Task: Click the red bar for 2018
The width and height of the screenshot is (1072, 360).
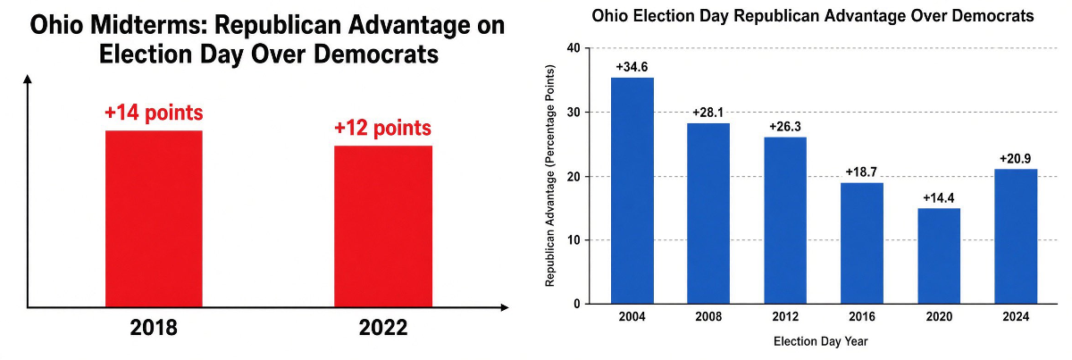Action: tap(154, 219)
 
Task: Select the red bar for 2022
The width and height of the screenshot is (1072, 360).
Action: tap(383, 226)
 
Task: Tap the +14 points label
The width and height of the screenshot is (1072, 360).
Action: tap(154, 113)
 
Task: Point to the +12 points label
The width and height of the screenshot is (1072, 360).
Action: tap(382, 128)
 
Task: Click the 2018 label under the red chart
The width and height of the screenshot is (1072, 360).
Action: tap(154, 328)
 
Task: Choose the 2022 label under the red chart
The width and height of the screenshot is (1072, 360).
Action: tap(383, 328)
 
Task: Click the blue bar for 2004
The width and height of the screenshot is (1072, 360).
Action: tap(632, 190)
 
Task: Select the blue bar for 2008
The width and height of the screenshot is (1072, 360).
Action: tap(708, 213)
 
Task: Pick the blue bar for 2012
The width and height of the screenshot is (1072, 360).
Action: tap(785, 221)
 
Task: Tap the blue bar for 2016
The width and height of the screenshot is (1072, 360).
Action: tap(862, 243)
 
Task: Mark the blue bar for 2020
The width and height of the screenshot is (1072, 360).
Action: tap(939, 256)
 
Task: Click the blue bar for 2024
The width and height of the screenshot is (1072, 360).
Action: tap(1016, 236)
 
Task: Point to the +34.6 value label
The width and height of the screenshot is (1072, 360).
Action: tap(632, 67)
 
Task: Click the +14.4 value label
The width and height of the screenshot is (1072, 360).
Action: tap(939, 197)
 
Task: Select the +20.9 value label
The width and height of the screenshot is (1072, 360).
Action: tap(1016, 158)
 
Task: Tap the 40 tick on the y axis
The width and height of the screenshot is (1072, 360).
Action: tap(574, 48)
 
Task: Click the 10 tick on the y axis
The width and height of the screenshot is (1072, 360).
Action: tap(574, 239)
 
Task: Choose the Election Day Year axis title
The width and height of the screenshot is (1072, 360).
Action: tap(820, 341)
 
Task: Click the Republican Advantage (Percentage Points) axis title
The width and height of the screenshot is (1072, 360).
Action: tap(550, 176)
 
